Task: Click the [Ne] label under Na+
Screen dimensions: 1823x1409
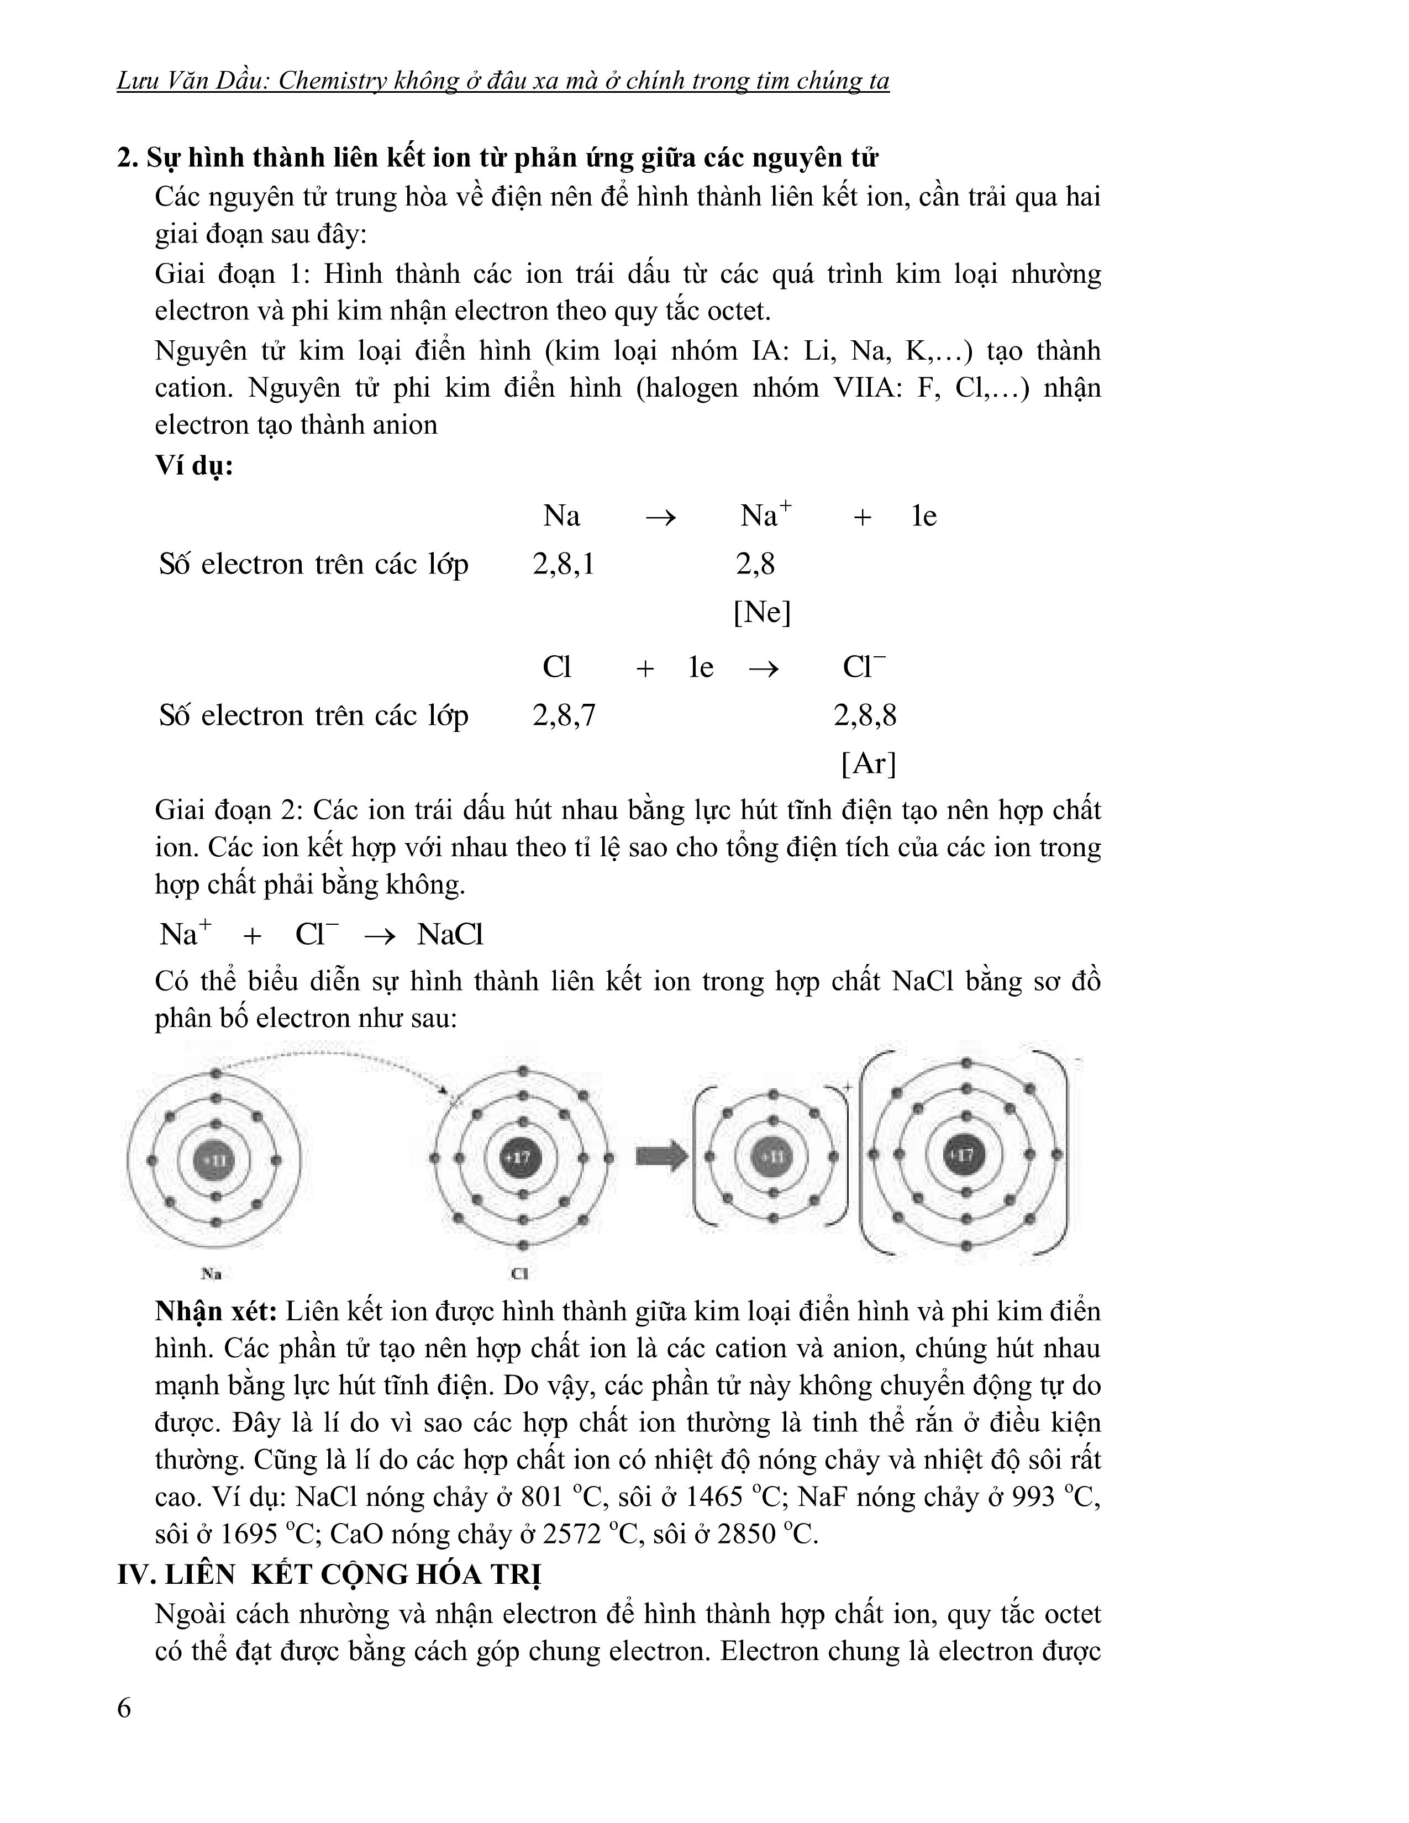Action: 761,613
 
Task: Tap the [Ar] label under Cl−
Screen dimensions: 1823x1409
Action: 868,763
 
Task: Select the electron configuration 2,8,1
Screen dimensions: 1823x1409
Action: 564,565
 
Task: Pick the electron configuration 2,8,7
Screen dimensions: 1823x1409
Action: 564,716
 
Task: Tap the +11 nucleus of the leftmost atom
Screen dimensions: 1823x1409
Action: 215,1160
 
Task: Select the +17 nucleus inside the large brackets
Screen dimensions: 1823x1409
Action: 965,1155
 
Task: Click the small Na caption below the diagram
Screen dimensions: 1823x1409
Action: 211,1274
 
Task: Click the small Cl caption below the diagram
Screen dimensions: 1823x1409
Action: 519,1274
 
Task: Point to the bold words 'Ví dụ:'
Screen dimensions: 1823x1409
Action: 193,465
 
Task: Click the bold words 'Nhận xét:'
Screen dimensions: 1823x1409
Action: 215,1311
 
